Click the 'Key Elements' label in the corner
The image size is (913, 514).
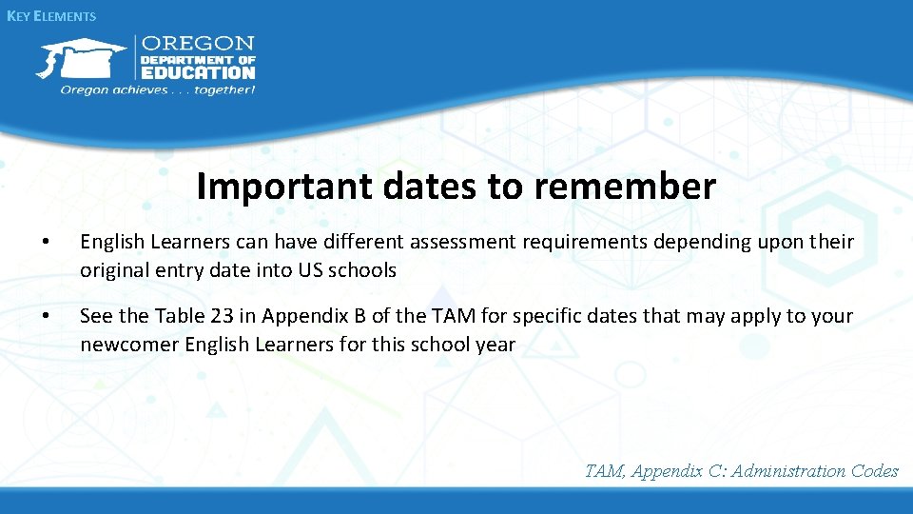[x=51, y=16]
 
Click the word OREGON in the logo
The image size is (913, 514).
[x=198, y=44]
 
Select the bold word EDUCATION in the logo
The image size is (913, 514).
[x=198, y=72]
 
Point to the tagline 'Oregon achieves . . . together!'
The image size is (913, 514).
[x=158, y=90]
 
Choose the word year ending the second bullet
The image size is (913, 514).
[x=495, y=344]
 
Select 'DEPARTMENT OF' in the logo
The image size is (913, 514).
[x=198, y=59]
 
